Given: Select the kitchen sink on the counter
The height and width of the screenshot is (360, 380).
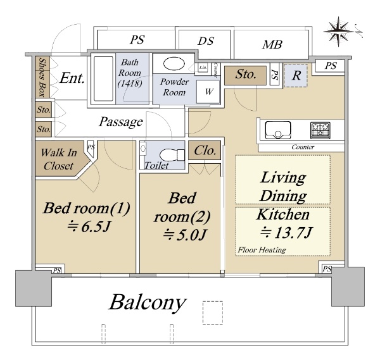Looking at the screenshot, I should pos(277,130).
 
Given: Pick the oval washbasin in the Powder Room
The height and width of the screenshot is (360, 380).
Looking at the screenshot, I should pos(171,64).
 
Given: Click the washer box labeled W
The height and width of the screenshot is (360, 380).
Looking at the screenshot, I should pos(207,90).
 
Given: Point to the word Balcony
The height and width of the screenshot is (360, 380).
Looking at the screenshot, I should pos(148,303).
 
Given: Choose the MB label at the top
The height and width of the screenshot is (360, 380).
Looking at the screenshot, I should pos(272,44).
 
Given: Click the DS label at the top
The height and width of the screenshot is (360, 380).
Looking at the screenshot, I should pos(205,41).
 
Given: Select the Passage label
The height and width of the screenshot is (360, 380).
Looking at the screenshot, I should pos(121,121).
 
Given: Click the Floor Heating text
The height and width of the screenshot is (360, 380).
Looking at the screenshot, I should pos(262,250).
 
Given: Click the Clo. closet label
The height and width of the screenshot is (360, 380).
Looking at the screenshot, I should pos(206,151).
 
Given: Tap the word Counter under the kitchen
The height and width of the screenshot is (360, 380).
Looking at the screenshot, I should pos(303,147).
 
